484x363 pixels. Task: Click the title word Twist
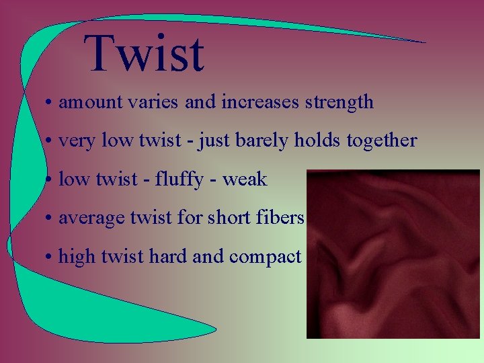click(x=144, y=53)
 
